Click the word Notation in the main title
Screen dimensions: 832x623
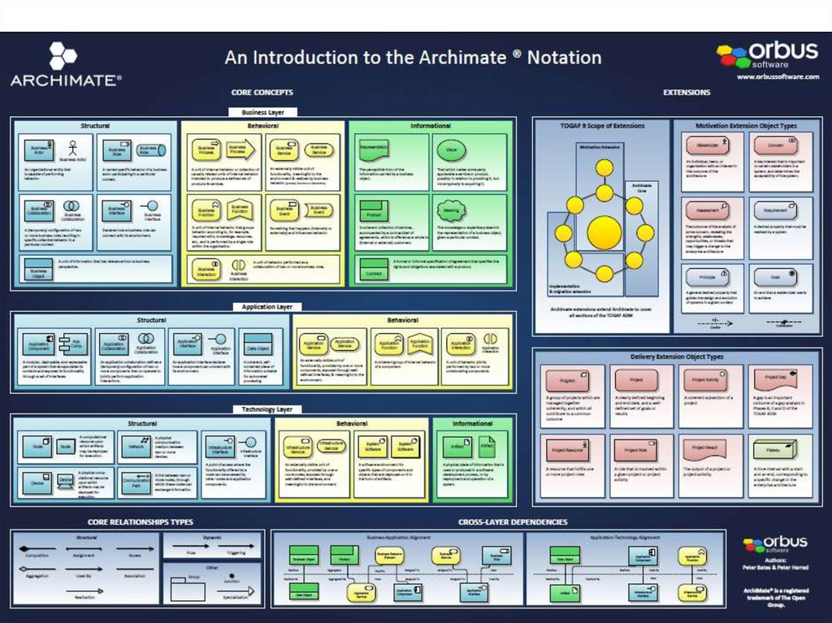coord(565,58)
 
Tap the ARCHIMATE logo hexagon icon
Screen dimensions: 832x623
coord(63,56)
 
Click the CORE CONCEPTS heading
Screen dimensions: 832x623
coord(262,93)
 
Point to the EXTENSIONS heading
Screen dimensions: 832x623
coord(687,93)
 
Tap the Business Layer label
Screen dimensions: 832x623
coord(262,112)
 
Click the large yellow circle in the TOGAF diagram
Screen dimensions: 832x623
coord(604,233)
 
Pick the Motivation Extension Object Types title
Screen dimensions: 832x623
coord(746,127)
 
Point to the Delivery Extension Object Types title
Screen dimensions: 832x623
coord(676,357)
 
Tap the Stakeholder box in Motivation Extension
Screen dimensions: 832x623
coord(703,146)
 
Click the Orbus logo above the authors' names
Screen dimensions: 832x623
coord(775,543)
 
